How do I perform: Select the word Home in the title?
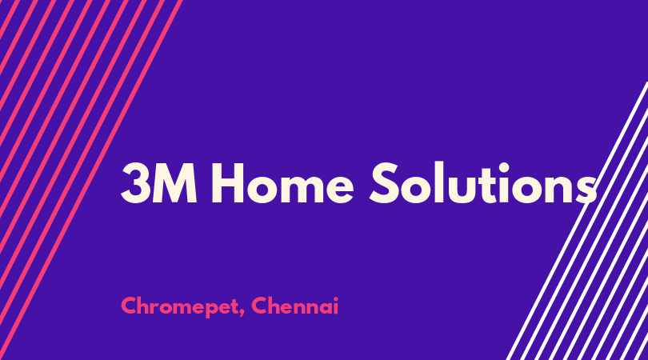[x=282, y=183]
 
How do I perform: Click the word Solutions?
[x=482, y=183]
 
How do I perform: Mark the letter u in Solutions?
[x=467, y=190]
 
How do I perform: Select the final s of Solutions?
[x=585, y=190]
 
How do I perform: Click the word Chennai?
[x=294, y=306]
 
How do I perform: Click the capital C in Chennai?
[x=258, y=306]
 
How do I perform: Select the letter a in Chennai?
[x=326, y=308]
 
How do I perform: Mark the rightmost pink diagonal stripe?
[x=91, y=180]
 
